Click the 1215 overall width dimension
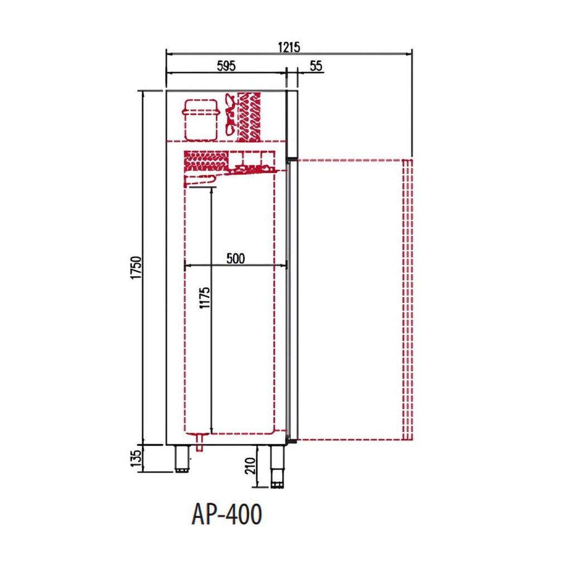pyautogui.click(x=289, y=47)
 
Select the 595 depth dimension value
pyautogui.click(x=226, y=66)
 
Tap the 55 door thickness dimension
pyautogui.click(x=316, y=66)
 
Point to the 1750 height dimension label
pyautogui.click(x=136, y=268)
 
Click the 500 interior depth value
pyautogui.click(x=236, y=258)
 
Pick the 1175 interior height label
pyautogui.click(x=205, y=298)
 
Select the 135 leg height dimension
pyautogui.click(x=136, y=458)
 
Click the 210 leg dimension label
pyautogui.click(x=250, y=466)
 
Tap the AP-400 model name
pyautogui.click(x=226, y=514)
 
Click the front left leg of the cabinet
pyautogui.click(x=182, y=459)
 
